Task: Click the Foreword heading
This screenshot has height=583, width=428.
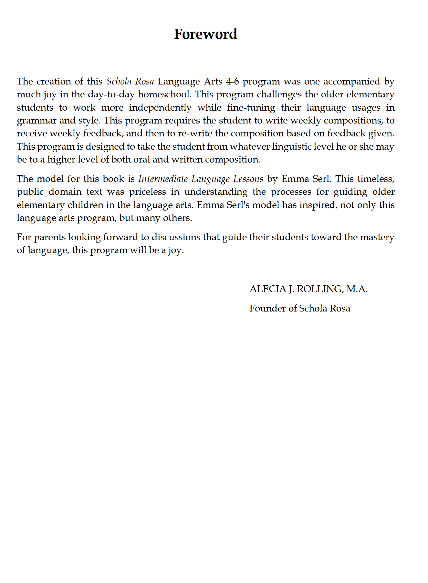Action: coord(205,34)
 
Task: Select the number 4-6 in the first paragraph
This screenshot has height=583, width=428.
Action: coord(232,81)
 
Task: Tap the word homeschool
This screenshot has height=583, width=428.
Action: coord(164,94)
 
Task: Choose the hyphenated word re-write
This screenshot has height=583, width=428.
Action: coord(195,133)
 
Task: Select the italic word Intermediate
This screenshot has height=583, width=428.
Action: coord(163,179)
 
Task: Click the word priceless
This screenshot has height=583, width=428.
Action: coord(147,192)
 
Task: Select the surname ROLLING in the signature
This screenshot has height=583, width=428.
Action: coord(319,289)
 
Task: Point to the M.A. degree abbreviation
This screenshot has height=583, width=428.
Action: coord(357,289)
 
